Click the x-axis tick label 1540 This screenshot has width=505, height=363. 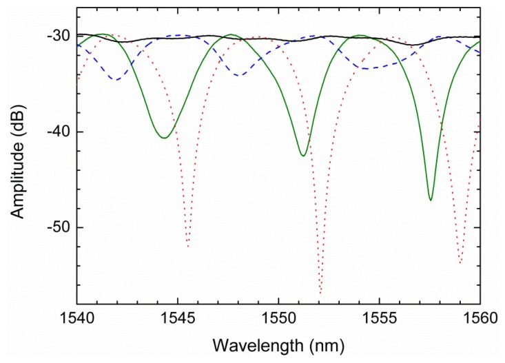pyautogui.click(x=76, y=319)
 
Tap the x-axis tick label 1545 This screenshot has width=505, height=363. pyautogui.click(x=178, y=319)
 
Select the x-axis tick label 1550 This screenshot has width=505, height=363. pyautogui.click(x=278, y=319)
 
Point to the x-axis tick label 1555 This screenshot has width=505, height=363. pyautogui.click(x=379, y=319)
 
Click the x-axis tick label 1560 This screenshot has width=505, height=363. pyautogui.click(x=480, y=319)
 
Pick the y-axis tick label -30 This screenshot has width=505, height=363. pyautogui.click(x=55, y=36)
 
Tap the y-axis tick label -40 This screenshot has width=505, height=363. pyautogui.click(x=55, y=132)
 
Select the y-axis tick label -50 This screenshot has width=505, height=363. pyautogui.click(x=55, y=227)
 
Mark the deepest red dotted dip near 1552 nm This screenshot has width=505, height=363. pyautogui.click(x=320, y=292)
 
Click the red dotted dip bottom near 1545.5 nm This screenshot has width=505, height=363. pyautogui.click(x=187, y=246)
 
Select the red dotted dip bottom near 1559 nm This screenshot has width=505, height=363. pyautogui.click(x=460, y=262)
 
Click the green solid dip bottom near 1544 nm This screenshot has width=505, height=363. pyautogui.click(x=164, y=138)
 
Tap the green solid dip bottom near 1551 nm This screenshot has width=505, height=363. pyautogui.click(x=303, y=156)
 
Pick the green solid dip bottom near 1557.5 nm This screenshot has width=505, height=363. pyautogui.click(x=431, y=200)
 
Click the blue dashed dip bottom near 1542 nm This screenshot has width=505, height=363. pyautogui.click(x=116, y=79)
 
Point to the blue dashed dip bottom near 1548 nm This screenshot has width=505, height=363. pyautogui.click(x=238, y=74)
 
